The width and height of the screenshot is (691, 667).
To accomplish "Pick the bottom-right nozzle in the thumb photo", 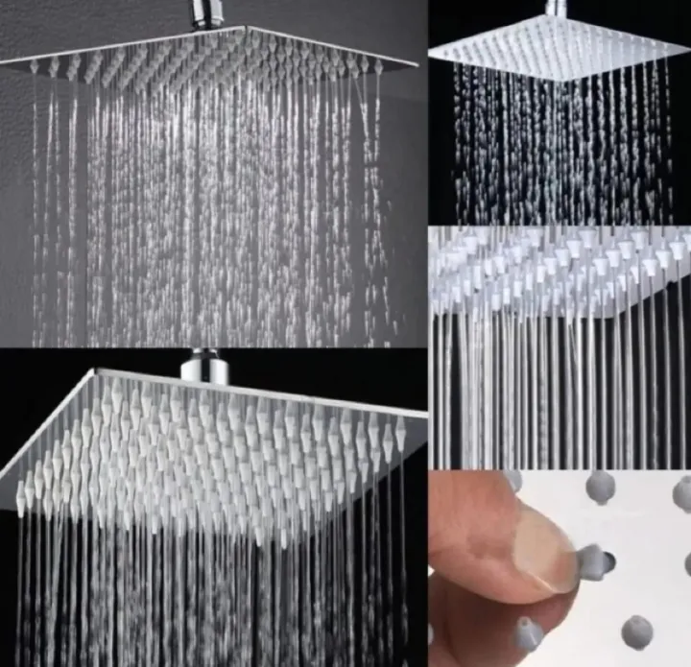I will coord(637,631).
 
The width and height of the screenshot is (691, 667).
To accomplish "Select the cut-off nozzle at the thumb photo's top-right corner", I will coord(682,492).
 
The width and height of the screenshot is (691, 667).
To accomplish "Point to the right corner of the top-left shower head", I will coord(417,64).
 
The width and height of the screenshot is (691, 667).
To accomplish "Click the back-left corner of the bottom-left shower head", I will coord(93,370).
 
